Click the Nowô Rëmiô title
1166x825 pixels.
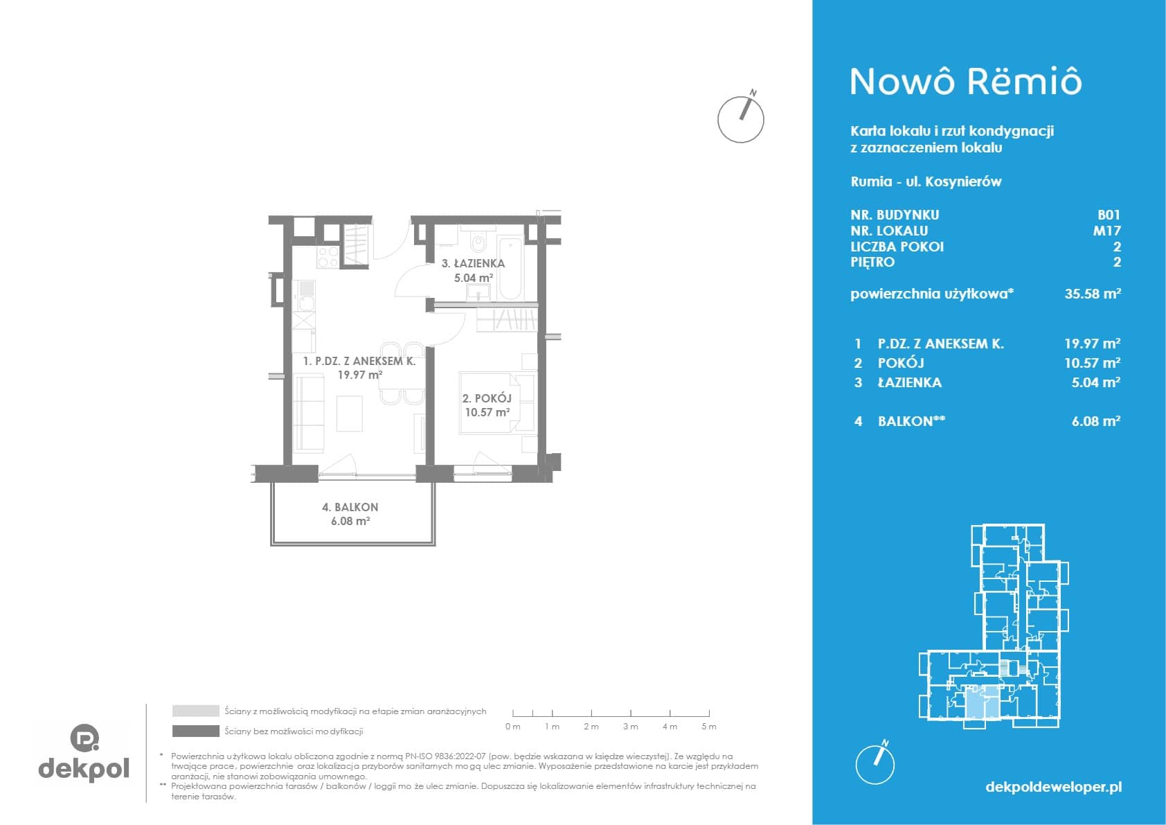(x=966, y=82)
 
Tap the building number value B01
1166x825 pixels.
(x=1109, y=215)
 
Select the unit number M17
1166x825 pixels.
(x=1106, y=230)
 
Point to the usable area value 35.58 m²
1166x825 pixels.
(x=1092, y=293)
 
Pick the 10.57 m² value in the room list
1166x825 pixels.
(x=1091, y=362)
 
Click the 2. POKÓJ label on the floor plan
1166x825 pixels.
(x=487, y=398)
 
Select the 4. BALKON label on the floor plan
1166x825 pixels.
(x=350, y=507)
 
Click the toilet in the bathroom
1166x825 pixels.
(x=477, y=240)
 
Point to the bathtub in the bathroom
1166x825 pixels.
(x=511, y=269)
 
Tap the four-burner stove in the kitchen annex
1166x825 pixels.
(x=328, y=257)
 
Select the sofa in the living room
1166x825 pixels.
(x=309, y=414)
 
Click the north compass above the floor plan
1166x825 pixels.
(x=741, y=118)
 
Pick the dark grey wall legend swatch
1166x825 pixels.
(x=196, y=731)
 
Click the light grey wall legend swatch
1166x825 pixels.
(x=196, y=711)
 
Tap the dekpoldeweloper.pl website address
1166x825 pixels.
(x=1054, y=786)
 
